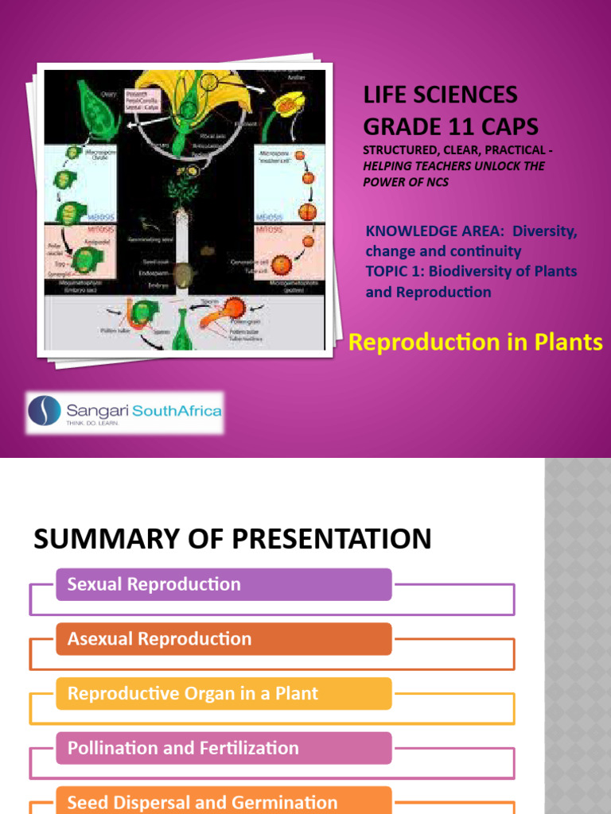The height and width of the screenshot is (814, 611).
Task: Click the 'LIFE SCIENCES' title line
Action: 440,95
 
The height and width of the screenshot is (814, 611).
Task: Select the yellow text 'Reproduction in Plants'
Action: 476,343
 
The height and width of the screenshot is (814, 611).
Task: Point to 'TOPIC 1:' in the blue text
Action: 396,272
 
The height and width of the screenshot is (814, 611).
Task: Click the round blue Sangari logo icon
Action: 44,411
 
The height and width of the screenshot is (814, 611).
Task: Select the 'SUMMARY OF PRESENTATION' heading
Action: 232,539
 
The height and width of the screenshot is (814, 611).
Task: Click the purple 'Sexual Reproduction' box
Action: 224,585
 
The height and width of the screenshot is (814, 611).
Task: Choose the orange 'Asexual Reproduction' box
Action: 224,639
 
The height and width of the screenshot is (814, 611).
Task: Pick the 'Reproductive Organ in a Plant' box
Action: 224,694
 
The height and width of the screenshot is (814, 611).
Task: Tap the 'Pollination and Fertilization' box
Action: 224,748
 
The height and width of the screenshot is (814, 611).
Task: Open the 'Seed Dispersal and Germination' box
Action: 224,801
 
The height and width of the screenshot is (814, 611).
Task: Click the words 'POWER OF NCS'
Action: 405,182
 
